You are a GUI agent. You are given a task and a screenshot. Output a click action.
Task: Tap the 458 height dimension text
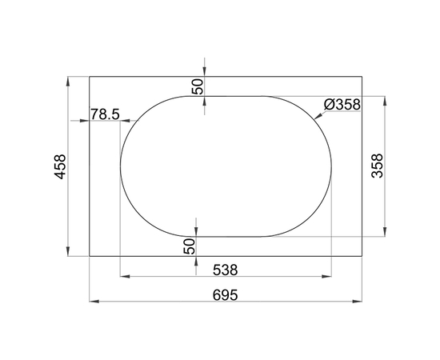60,166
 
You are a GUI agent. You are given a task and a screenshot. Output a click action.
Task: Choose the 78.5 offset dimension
105,114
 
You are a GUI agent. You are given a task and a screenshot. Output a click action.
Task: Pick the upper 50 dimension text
198,85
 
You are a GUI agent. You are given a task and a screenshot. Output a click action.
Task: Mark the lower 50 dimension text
190,246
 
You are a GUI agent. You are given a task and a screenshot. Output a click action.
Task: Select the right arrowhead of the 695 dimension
360,302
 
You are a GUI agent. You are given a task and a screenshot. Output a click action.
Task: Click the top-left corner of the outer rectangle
89,76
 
